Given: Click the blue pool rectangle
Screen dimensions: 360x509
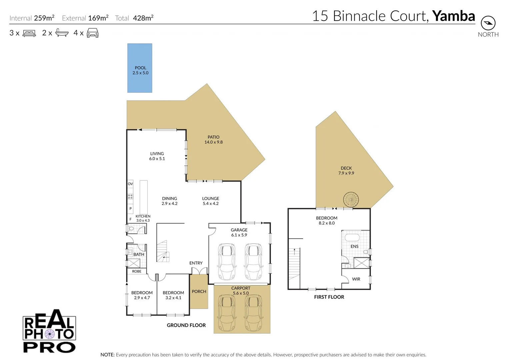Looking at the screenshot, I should coord(140,68).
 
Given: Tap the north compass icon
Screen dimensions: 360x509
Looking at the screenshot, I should coord(488,23).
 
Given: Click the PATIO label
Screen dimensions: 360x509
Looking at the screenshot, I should coord(213,137).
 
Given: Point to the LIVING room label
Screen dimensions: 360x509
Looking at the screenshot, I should coord(157,154).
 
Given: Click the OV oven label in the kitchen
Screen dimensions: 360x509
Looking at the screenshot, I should coord(130,184).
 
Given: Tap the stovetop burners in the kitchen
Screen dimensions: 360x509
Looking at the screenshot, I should coord(130,197).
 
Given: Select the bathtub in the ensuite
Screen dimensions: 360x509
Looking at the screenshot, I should coord(352,238).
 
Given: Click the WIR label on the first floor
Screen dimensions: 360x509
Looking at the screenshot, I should coord(356,279).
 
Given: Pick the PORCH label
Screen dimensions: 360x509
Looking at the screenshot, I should coord(199,291).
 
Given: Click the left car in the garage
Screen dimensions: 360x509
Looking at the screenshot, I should coord(227,262).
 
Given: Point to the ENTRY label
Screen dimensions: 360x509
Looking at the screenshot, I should coord(196,263).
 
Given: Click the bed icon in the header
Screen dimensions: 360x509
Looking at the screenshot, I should coord(29,33).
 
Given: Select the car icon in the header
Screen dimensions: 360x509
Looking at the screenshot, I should coord(93,33).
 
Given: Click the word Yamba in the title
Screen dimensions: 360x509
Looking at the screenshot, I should coord(453,16).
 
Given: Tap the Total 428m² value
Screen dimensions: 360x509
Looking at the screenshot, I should coord(143,18).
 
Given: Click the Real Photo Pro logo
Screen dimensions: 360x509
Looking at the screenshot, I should coord(49,331).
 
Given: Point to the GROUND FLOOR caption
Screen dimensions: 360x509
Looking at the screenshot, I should coord(186,325).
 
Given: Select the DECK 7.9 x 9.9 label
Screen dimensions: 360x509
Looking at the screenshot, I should coord(346,171).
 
